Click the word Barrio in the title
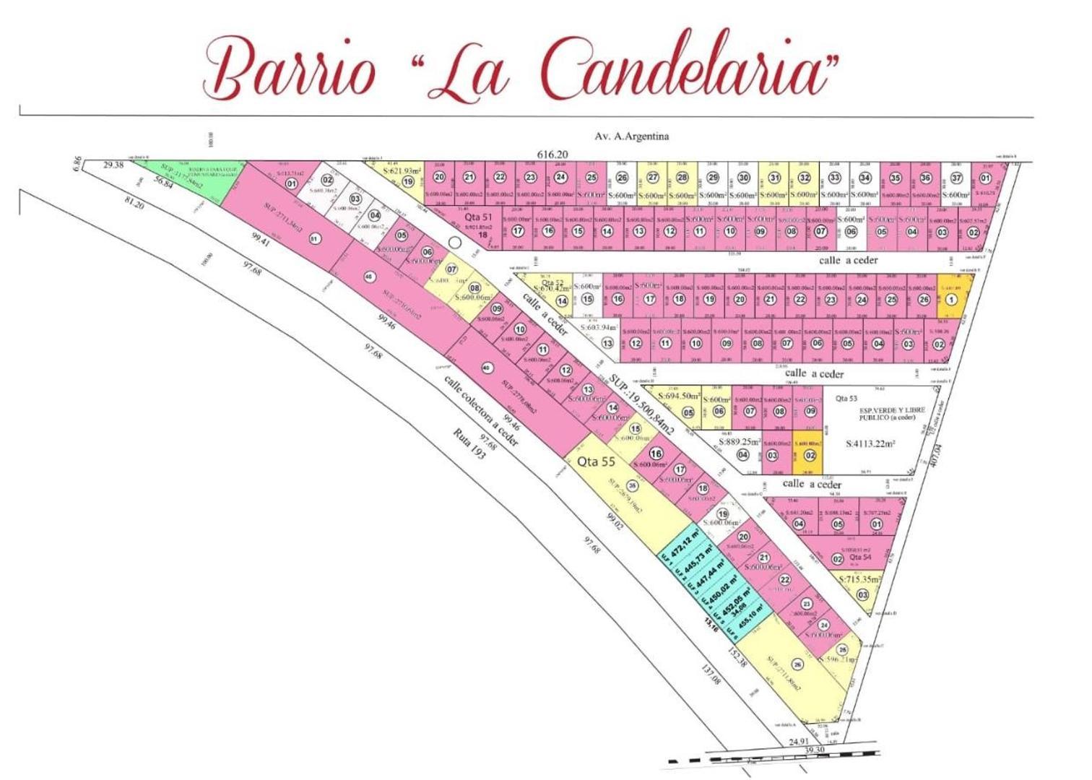coord(289,71)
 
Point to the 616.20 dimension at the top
coord(553,155)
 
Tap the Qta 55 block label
coord(596,462)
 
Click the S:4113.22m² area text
coord(870,445)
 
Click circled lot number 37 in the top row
coord(956,178)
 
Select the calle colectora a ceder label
coord(480,410)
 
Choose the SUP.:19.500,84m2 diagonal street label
coord(641,404)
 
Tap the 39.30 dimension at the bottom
coord(814,751)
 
